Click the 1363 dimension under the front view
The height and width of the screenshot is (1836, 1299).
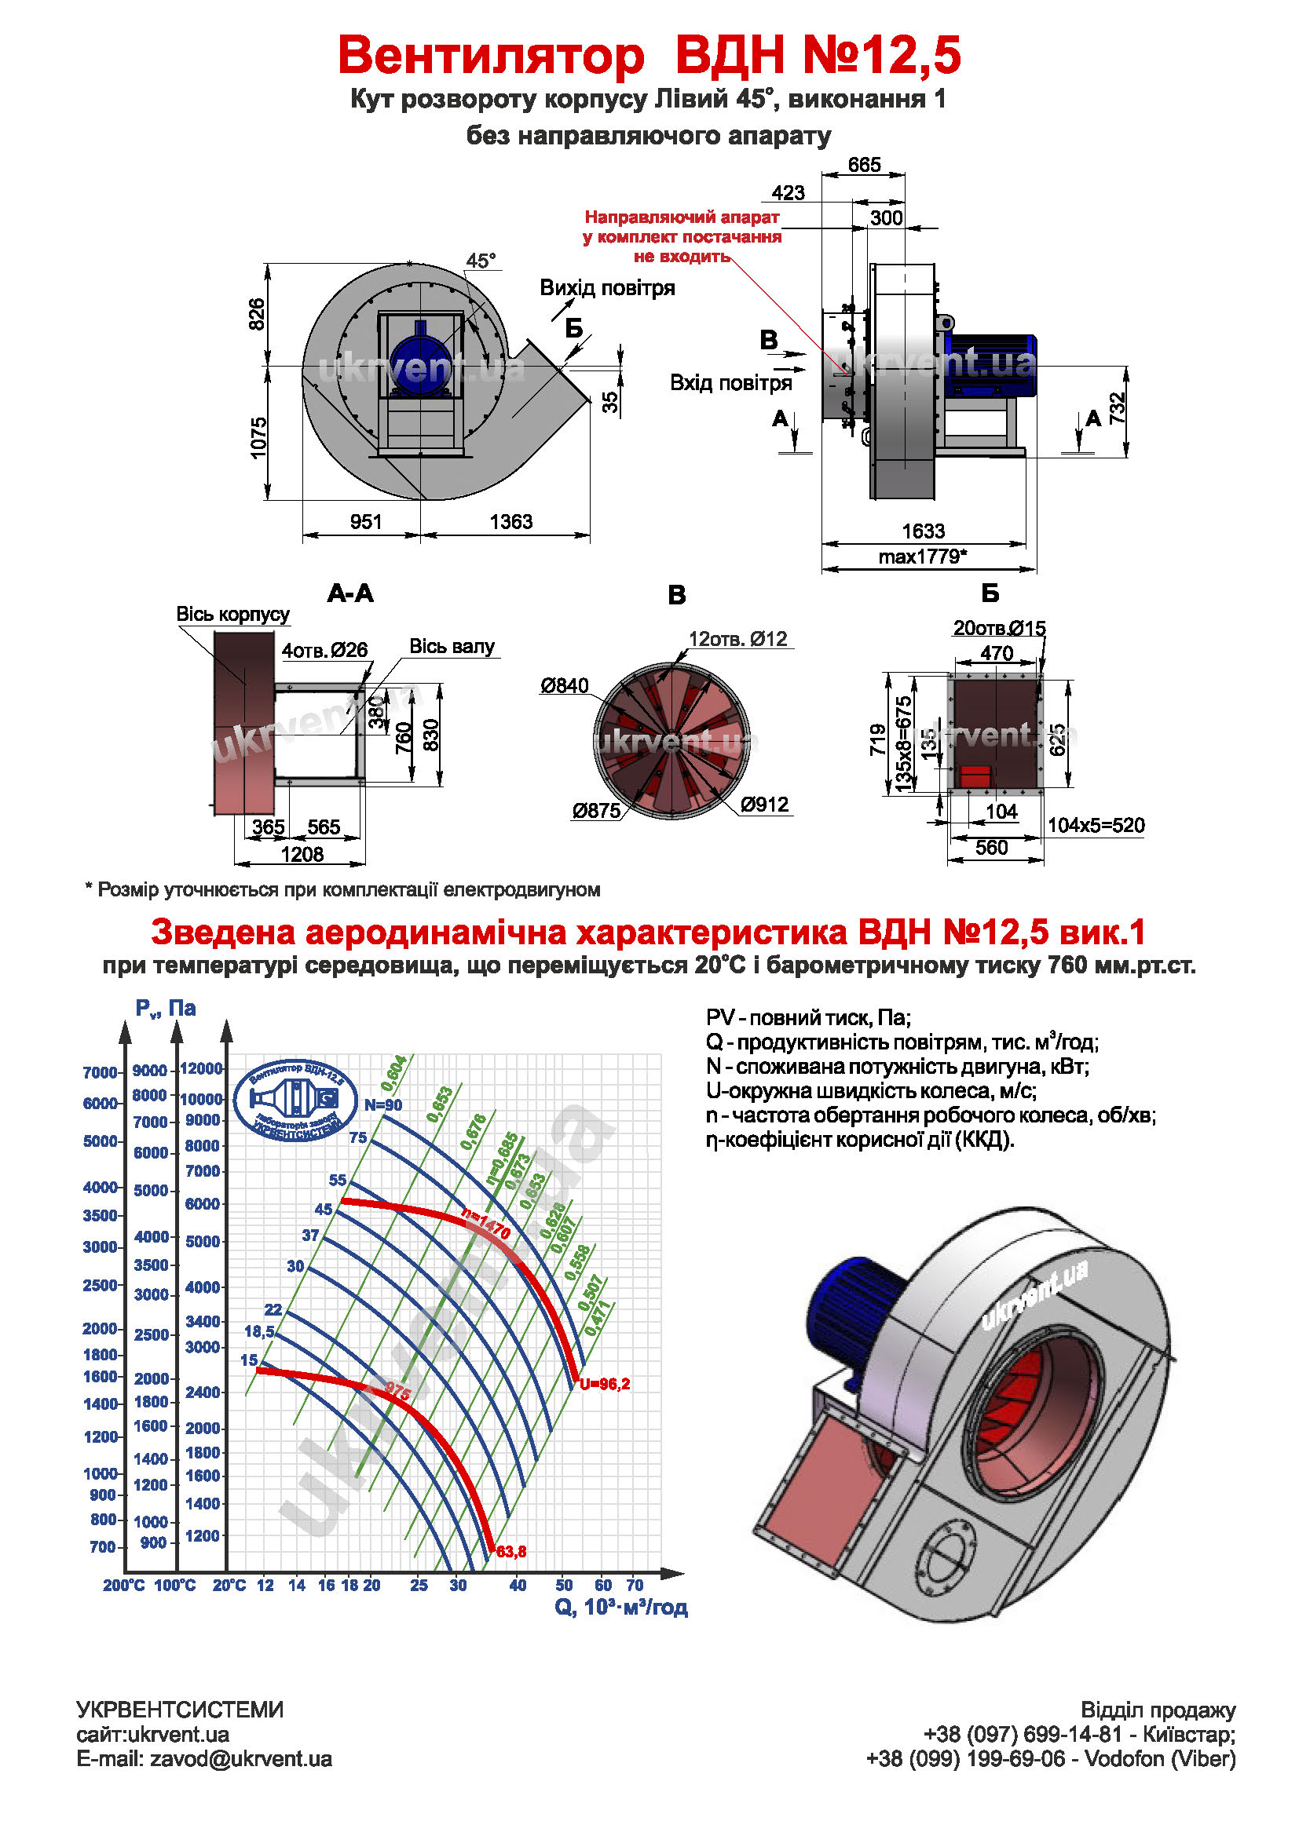(510, 521)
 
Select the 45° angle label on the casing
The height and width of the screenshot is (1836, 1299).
(481, 261)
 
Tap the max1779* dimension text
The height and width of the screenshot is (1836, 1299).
(922, 557)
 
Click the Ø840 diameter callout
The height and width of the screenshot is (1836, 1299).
(564, 685)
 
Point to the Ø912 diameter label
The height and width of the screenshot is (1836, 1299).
(764, 805)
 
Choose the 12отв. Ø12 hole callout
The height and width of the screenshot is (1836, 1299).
(737, 639)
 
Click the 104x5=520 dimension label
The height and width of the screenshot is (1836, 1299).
(1096, 825)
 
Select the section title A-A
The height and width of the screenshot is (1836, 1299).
(350, 593)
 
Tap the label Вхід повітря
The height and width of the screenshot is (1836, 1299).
(730, 383)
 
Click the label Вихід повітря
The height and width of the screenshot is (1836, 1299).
(607, 288)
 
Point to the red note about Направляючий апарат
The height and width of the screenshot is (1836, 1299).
(682, 237)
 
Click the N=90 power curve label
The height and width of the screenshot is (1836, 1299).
(383, 1105)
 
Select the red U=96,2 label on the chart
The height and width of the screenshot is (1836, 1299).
(605, 1384)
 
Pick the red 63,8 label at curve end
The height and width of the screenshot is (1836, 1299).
(511, 1552)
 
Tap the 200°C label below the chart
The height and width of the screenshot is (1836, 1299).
(123, 1585)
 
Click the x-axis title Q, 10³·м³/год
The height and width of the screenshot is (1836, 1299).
(620, 1608)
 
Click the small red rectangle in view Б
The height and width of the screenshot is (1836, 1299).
(975, 775)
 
